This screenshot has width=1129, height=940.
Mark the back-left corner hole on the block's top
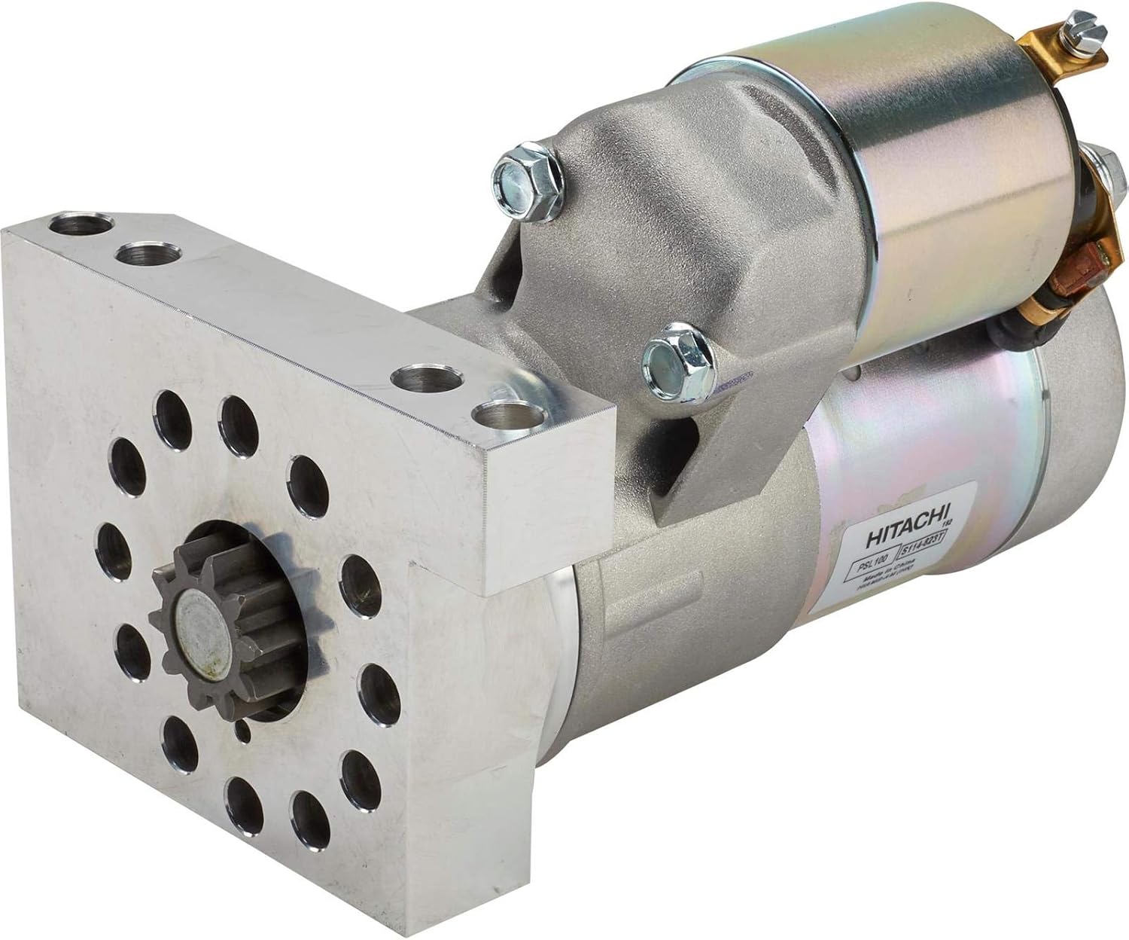coord(82,225)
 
